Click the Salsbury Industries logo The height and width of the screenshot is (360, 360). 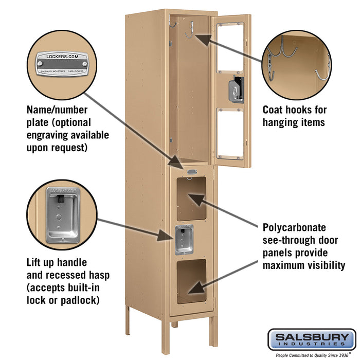[312, 339]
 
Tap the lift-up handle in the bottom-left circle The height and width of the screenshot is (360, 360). [62, 214]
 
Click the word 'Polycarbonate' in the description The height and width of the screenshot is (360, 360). [294, 227]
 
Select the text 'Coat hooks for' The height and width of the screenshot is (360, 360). [295, 110]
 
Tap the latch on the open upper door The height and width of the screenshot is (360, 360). [237, 90]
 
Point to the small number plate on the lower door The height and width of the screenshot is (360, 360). [192, 172]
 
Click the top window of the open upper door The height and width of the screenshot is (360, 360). [230, 47]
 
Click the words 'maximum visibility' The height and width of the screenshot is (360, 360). [303, 265]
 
